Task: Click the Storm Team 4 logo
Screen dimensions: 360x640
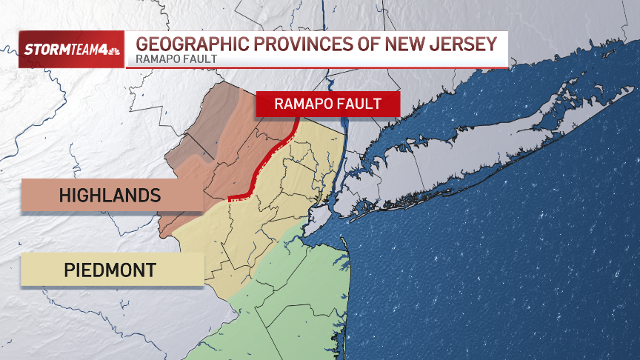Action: (x=70, y=50)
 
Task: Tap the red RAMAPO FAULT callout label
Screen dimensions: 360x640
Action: (x=327, y=104)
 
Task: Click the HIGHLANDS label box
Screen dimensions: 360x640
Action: (x=111, y=196)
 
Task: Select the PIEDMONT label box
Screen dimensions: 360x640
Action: (x=111, y=270)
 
